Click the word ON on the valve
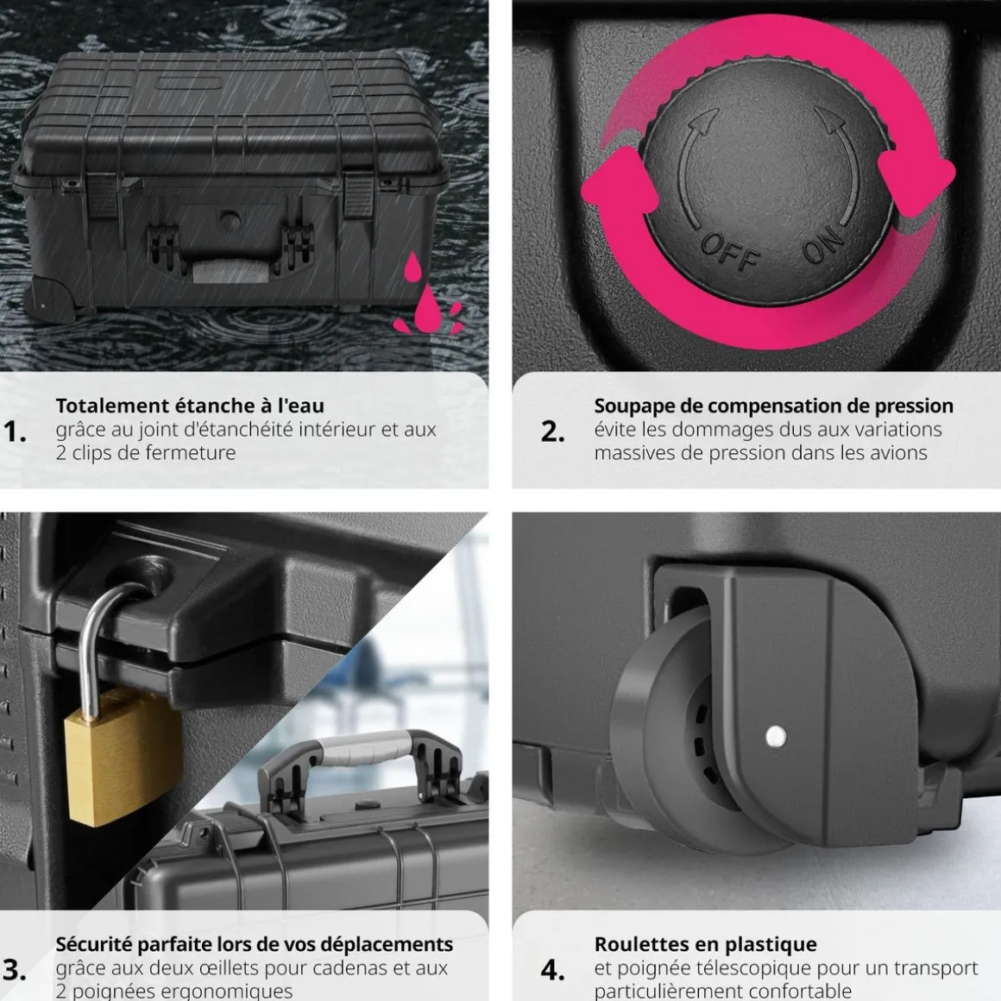pos(823,244)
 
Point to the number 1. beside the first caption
pos(14,431)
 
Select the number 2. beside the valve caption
pos(553,431)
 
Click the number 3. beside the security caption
pos(14,970)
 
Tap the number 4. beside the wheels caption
pos(553,970)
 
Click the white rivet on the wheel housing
pos(776,736)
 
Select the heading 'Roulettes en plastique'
pos(705,944)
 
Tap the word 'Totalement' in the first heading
pos(111,406)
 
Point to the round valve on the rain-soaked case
pos(230,220)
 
